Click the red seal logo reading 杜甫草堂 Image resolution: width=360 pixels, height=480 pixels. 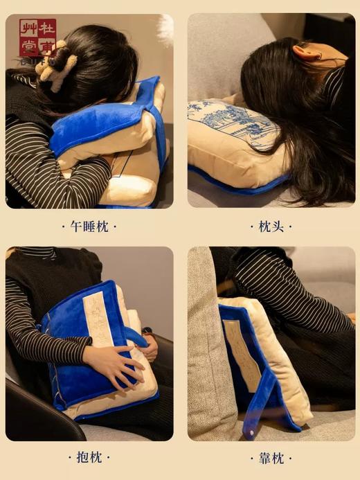tap(37, 37)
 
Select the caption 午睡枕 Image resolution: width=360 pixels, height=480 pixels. tap(89, 226)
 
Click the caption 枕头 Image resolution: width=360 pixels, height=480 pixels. tap(271, 226)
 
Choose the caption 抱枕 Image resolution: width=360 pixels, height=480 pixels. tap(89, 458)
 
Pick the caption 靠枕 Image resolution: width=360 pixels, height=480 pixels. tap(271, 458)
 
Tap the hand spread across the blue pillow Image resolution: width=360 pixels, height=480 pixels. tap(115, 363)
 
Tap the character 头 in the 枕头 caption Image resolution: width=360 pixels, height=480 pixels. tap(277, 226)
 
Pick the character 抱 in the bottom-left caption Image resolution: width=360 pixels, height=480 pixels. tap(83, 458)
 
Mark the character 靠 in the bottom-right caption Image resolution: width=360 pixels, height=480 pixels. tap(264, 458)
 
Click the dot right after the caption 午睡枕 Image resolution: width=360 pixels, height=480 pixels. tap(114, 226)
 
